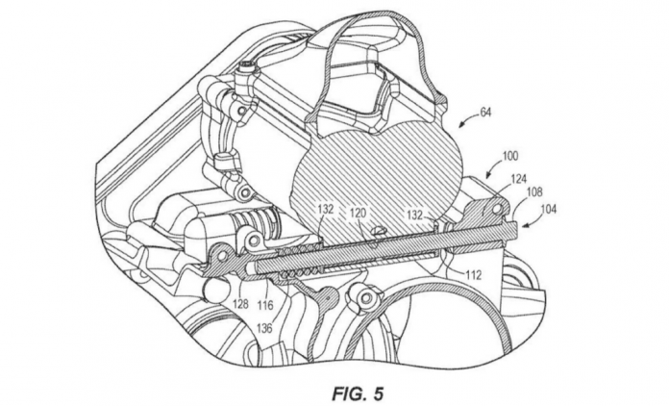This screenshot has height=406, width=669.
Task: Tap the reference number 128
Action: pyautogui.click(x=238, y=304)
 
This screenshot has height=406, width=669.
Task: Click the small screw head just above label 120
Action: pyautogui.click(x=378, y=229)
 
